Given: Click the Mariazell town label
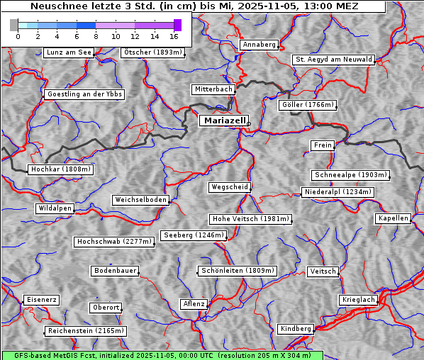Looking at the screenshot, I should pyautogui.click(x=223, y=120).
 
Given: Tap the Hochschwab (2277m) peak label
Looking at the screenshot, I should pyautogui.click(x=113, y=242).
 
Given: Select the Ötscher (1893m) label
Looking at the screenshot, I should pyautogui.click(x=152, y=52).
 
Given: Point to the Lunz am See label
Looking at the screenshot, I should pyautogui.click(x=68, y=52).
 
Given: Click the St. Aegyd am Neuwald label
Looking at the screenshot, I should pyautogui.click(x=333, y=60).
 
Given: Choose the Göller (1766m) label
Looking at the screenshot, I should pyautogui.click(x=307, y=105).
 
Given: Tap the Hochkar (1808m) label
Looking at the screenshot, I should pyautogui.click(x=60, y=169).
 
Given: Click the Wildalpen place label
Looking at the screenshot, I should pyautogui.click(x=55, y=208).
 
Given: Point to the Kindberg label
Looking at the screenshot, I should pyautogui.click(x=296, y=329).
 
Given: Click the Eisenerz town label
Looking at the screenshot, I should pyautogui.click(x=40, y=300).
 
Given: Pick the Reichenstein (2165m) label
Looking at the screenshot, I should pyautogui.click(x=86, y=331).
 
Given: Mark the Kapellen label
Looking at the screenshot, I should pyautogui.click(x=393, y=218).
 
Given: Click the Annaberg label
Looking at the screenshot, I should pyautogui.click(x=259, y=45).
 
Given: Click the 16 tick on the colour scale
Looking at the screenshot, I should pyautogui.click(x=174, y=35).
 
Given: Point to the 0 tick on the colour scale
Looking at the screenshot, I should pyautogui.click(x=18, y=35).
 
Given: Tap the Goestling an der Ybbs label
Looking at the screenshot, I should pyautogui.click(x=84, y=94).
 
